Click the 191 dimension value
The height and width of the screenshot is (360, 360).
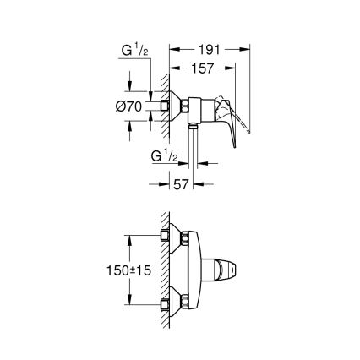pyautogui.click(x=211, y=48)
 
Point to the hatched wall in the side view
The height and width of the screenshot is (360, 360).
pyautogui.click(x=155, y=106)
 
